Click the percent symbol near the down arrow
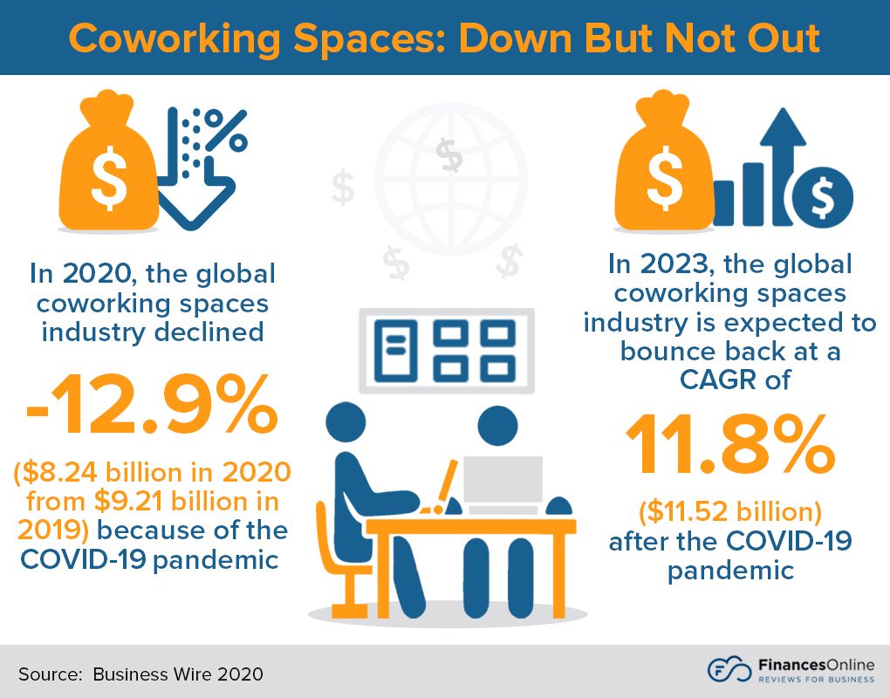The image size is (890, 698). click(x=229, y=129)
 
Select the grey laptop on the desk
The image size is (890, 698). click(x=501, y=484)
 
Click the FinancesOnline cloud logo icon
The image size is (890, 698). click(x=729, y=670)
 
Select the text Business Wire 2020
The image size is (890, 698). click(x=178, y=674)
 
